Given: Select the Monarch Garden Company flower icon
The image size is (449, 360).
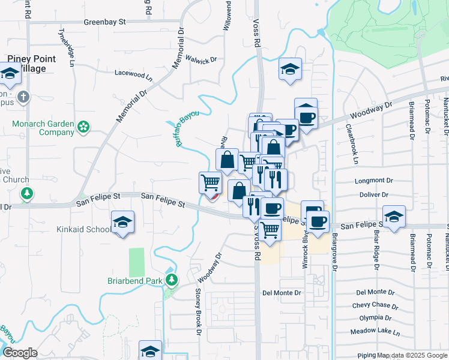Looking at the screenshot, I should pos(83,127).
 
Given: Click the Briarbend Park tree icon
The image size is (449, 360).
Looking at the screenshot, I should pos(172,280).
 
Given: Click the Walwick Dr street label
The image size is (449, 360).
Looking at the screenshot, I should pos(200,59).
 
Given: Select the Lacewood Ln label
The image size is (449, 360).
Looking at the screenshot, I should pos(134,74).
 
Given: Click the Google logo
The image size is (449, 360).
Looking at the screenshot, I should pos(20,353).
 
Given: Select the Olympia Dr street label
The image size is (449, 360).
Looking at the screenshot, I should pos(375,318).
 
